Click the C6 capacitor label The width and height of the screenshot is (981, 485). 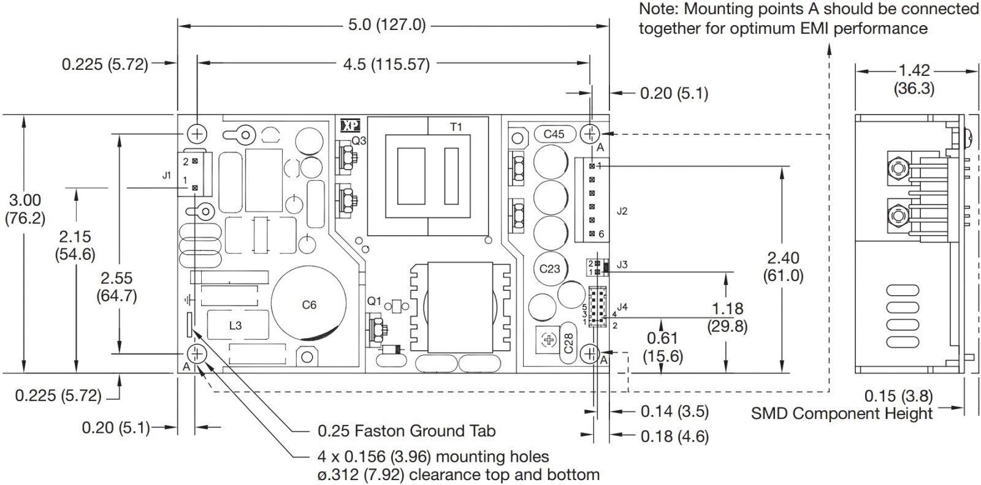click(x=309, y=305)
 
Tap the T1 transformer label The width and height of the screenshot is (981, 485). click(x=456, y=127)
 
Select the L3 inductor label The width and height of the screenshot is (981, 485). click(x=235, y=325)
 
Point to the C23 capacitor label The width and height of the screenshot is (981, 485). click(x=550, y=268)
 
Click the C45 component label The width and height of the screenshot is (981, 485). click(x=554, y=133)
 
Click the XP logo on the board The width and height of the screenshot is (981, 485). click(x=350, y=126)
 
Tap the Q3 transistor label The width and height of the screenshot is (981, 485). click(x=359, y=140)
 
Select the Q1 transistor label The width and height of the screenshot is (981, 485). click(x=374, y=301)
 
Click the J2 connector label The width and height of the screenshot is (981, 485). click(x=622, y=211)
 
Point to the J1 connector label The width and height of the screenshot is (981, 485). click(x=167, y=175)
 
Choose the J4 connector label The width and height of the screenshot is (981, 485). click(x=622, y=306)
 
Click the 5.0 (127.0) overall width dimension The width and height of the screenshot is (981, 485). click(x=386, y=25)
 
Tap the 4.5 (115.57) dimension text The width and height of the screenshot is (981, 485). click(x=386, y=64)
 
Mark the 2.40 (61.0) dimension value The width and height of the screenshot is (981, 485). click(x=783, y=266)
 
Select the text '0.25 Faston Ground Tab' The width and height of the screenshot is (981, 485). click(x=406, y=431)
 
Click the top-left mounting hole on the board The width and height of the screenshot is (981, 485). click(x=197, y=133)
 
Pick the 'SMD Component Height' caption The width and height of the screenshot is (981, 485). click(x=842, y=414)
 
